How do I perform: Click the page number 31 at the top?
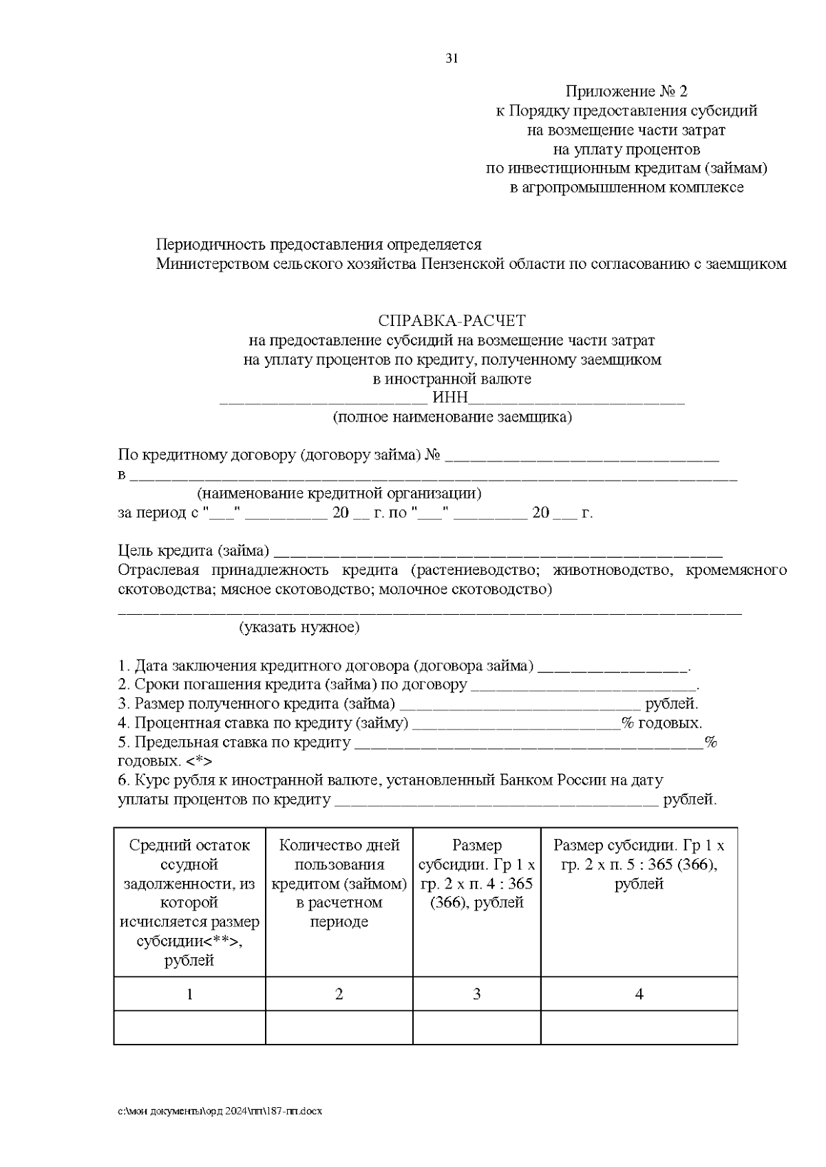pos(452,58)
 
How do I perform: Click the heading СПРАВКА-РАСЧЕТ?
pos(452,321)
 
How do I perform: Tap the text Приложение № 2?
pos(626,91)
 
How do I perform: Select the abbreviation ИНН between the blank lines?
pos(451,398)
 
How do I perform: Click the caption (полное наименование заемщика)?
pos(452,417)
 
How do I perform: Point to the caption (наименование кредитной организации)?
pos(339,494)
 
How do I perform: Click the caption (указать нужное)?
pos(299,627)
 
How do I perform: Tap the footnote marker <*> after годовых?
pos(199,762)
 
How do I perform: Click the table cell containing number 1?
pos(189,994)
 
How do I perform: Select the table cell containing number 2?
pos(339,994)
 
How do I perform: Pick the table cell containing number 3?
pos(476,994)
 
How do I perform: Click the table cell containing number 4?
pos(639,994)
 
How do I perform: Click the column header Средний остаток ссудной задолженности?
pos(189,902)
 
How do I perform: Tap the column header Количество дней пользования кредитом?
pos(339,883)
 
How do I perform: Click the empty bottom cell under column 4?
pos(639,1027)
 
